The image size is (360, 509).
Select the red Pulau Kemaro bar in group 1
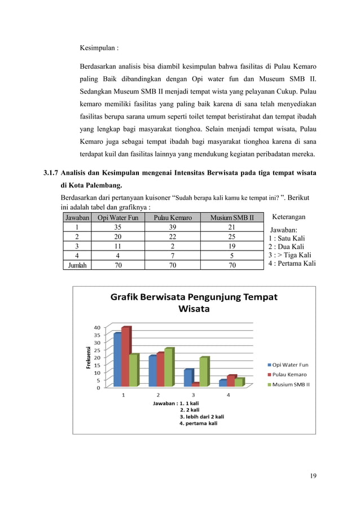click(x=125, y=357)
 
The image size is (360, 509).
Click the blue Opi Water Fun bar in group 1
click(x=117, y=359)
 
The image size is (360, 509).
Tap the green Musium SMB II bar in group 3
click(x=203, y=372)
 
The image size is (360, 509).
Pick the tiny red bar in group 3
click(x=195, y=384)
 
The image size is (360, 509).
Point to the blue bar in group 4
click(x=223, y=383)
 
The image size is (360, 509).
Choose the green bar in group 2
click(x=168, y=367)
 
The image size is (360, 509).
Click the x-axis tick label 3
click(x=194, y=394)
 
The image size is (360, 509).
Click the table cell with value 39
click(x=172, y=227)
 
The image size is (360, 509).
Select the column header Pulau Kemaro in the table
click(x=172, y=217)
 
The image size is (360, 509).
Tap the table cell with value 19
click(x=231, y=246)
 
